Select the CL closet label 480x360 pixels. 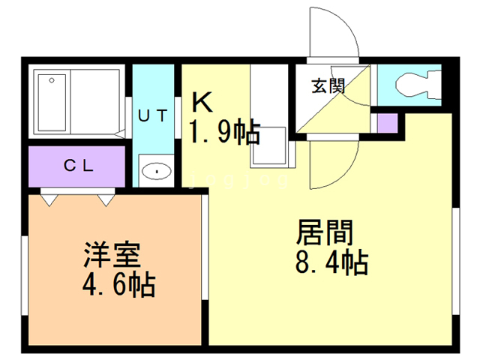tap(78, 166)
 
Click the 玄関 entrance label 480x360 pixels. tap(328, 85)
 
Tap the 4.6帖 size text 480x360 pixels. tap(118, 285)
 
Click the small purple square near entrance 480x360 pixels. tap(387, 122)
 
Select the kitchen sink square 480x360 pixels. tap(268, 145)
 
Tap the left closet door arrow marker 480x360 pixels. tap(49, 198)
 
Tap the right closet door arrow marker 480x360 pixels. tap(106, 198)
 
